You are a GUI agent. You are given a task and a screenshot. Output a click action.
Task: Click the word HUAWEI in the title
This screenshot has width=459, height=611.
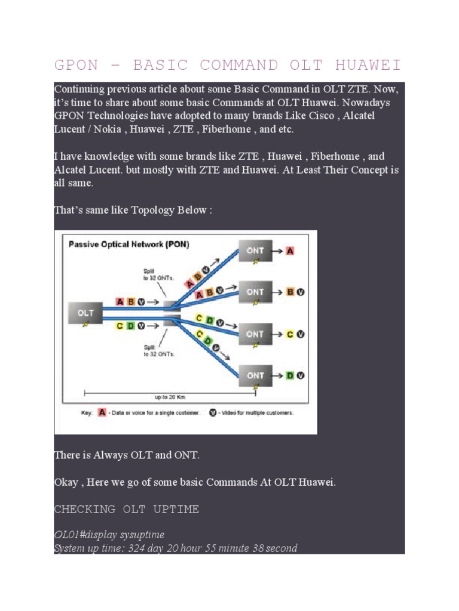point(367,65)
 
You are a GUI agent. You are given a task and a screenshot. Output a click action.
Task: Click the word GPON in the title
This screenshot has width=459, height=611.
point(75,65)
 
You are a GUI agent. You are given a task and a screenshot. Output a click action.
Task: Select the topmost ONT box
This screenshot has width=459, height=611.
point(255,251)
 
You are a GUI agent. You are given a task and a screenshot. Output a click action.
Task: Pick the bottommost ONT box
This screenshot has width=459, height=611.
point(255,375)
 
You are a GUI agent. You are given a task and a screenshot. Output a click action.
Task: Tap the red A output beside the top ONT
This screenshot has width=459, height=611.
point(290,251)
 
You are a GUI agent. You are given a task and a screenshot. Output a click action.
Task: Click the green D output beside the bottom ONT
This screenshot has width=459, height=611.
point(290,375)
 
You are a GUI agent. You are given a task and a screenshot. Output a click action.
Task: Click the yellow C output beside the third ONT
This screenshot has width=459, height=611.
point(290,334)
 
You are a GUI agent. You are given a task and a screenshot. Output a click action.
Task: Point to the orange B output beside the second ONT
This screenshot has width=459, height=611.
point(290,292)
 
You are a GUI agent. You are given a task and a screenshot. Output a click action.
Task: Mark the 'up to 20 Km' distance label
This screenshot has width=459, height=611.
point(169,396)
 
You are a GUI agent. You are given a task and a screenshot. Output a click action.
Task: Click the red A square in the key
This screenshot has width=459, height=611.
point(102,412)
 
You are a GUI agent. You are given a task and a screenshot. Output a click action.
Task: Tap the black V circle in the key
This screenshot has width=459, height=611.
point(212,412)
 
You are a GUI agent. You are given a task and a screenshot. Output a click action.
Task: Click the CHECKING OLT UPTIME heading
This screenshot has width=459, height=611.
point(126,509)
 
